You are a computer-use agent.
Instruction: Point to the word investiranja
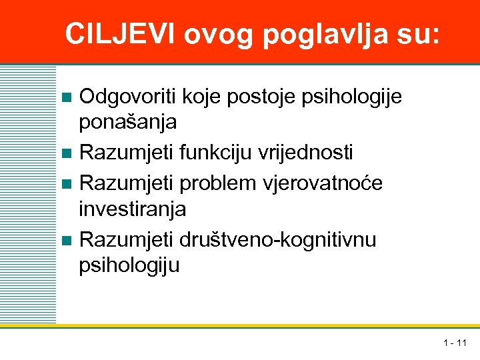[x=133, y=209]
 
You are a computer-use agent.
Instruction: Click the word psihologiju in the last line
[x=129, y=267]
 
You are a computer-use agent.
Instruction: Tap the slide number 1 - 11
[x=455, y=343]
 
